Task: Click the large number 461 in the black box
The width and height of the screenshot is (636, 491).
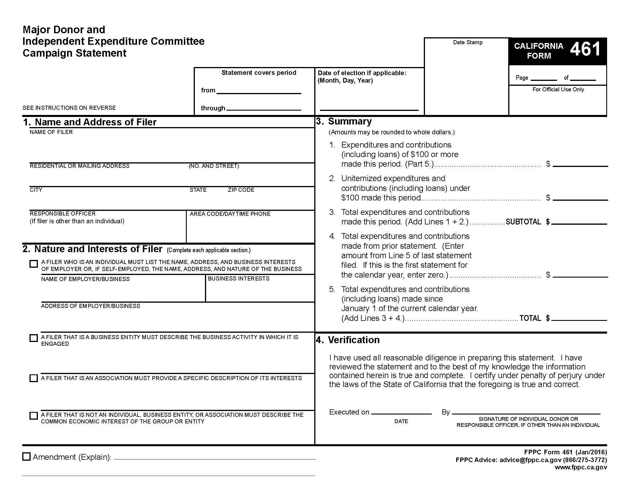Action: pos(585,49)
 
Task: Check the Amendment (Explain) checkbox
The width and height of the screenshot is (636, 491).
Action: pos(27,456)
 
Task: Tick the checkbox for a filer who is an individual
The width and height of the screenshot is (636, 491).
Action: pos(34,264)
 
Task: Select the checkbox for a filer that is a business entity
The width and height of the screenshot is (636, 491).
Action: pos(34,338)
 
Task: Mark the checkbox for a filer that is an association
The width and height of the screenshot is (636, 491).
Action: pos(34,378)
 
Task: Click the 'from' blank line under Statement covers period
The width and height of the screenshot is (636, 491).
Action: pos(259,91)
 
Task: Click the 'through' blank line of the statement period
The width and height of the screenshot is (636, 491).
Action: pos(263,108)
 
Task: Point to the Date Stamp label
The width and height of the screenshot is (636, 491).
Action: pos(468,42)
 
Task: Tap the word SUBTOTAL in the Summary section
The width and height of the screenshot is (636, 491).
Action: pos(523,222)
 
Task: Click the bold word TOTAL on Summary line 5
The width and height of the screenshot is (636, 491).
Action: pos(530,318)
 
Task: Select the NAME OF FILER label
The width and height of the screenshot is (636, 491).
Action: pos(51,132)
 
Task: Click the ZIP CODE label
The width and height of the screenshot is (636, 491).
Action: pos(241,190)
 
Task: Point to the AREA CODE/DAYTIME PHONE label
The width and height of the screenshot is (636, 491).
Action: pos(230,214)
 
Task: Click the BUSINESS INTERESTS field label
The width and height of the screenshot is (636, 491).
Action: pos(238,279)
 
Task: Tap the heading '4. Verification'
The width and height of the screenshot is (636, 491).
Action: pos(348,340)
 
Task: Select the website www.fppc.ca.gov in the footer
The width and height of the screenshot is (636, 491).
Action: pos(581,467)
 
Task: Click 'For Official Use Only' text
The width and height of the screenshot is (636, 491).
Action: pos(558,90)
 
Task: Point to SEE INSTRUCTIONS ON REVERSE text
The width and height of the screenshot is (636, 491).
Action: pos(69,108)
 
